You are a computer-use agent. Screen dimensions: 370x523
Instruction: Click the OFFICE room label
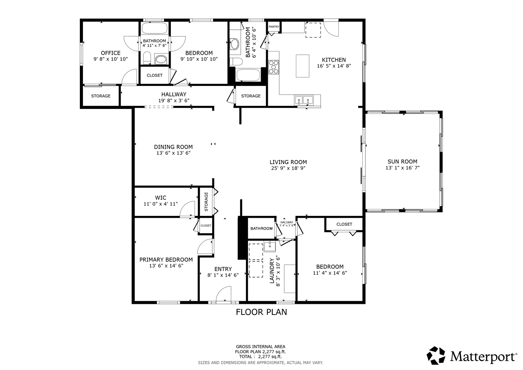tap(111, 53)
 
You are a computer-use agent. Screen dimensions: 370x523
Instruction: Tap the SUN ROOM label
tap(402, 161)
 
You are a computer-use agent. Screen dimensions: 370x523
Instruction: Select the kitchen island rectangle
tap(302, 66)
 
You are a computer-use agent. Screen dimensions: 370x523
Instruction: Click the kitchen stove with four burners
tap(274, 67)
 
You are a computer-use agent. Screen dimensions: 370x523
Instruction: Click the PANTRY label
tap(274, 27)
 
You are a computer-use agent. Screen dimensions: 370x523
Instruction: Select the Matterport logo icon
tap(436, 355)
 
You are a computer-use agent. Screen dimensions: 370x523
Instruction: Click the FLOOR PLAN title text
tap(261, 312)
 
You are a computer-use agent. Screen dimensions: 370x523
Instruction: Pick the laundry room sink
tap(270, 246)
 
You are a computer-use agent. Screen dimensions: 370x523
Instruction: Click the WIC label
tap(161, 198)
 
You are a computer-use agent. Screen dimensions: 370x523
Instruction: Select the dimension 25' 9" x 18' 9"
tap(288, 168)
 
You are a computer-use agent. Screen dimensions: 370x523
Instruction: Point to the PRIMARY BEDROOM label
tap(166, 260)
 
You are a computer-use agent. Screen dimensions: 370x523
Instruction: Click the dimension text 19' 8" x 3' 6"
tap(174, 100)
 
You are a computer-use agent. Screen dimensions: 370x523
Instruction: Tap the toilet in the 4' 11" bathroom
tap(147, 58)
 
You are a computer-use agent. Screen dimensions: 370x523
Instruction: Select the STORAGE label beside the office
tap(101, 96)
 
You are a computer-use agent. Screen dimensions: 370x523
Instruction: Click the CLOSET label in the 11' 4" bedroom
tap(344, 224)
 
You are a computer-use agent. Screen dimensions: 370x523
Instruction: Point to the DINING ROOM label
tap(173, 147)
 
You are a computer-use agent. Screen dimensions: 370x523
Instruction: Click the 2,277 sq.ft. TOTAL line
tap(260, 356)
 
